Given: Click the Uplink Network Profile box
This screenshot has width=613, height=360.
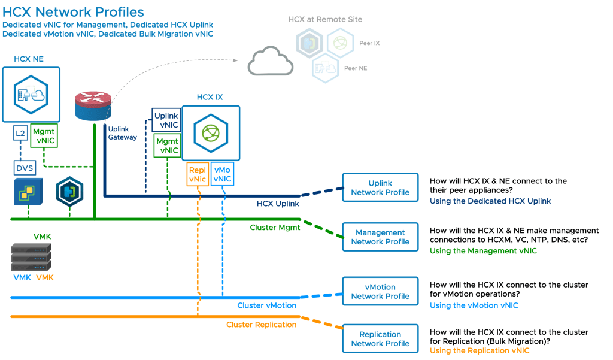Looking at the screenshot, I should tap(380, 188).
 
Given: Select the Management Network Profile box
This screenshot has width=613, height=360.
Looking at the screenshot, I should tap(380, 237).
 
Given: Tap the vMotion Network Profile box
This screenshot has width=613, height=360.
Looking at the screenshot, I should tap(380, 292).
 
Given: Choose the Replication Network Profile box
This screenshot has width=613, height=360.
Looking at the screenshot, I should tap(380, 339).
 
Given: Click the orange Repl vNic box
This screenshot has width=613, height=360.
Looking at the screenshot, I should tap(197, 174).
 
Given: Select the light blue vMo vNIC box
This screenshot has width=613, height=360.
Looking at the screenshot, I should tap(222, 174).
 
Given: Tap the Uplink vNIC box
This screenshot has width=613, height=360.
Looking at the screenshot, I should tap(166, 120).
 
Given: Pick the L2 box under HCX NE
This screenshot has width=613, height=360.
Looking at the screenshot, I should tap(20, 134).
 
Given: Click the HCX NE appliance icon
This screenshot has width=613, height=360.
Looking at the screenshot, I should tap(31, 95).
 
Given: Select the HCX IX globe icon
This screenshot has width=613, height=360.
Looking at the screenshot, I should tap(211, 133).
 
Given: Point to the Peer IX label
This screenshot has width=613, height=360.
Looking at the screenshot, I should tap(369, 43).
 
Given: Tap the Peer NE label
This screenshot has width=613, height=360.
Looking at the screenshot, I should tap(356, 68).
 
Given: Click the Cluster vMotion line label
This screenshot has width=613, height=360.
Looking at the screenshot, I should tap(266, 305).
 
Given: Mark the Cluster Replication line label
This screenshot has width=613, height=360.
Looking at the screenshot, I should tap(261, 325).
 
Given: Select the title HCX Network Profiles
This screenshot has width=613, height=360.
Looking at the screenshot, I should tap(74, 12).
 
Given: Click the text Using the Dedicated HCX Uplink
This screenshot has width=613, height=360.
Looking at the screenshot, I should tap(490, 201).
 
